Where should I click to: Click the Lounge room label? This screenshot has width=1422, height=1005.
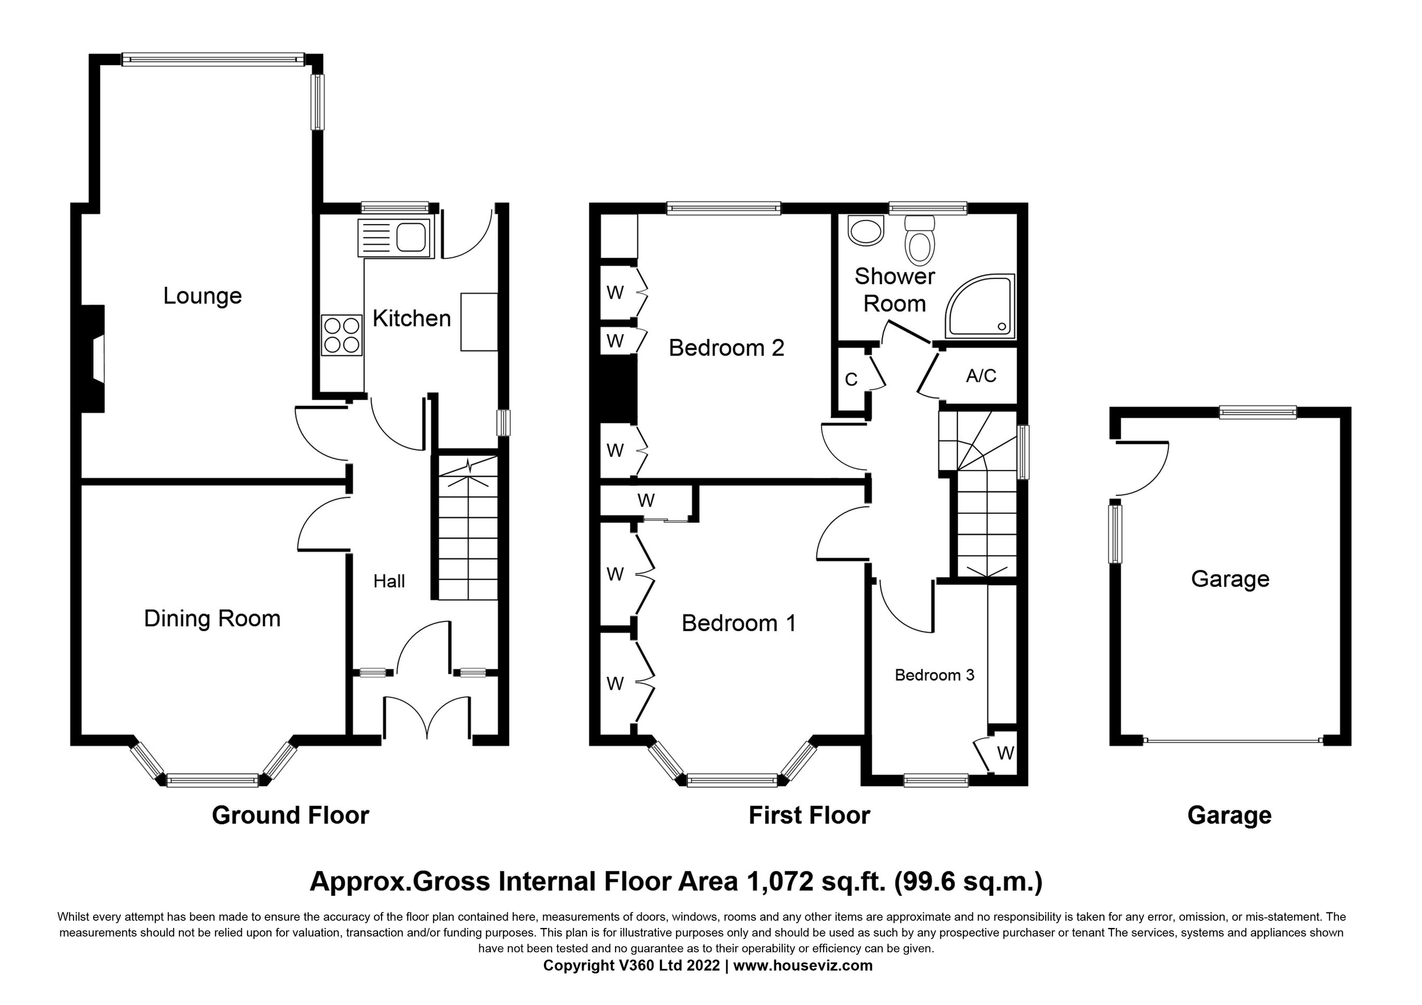click(x=202, y=296)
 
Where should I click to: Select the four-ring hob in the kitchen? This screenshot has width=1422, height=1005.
click(x=341, y=335)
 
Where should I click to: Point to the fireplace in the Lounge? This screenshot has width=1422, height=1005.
click(x=93, y=359)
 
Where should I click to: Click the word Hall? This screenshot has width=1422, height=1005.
click(x=389, y=581)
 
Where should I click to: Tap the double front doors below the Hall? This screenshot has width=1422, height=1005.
click(x=427, y=717)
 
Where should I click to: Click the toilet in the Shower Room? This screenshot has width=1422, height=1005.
click(x=920, y=242)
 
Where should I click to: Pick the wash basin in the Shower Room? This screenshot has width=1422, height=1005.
click(x=866, y=231)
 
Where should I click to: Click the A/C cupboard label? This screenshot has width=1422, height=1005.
click(x=981, y=375)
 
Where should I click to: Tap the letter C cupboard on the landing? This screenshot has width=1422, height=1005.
click(x=851, y=380)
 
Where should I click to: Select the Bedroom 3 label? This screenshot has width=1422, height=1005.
click(x=934, y=675)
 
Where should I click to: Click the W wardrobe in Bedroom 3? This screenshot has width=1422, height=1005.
click(x=1005, y=754)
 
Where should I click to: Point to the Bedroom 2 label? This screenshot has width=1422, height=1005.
click(x=726, y=348)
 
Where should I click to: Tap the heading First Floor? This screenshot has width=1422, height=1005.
click(x=809, y=815)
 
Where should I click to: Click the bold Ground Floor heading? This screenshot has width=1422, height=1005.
click(x=290, y=815)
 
